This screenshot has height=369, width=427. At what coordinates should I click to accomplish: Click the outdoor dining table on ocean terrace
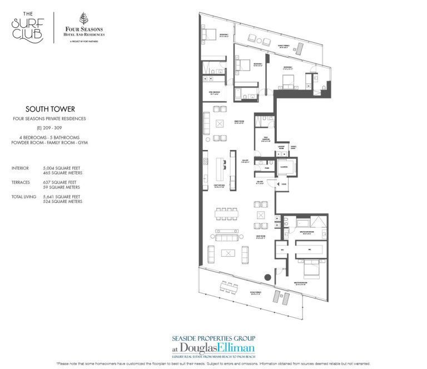[227, 287]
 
